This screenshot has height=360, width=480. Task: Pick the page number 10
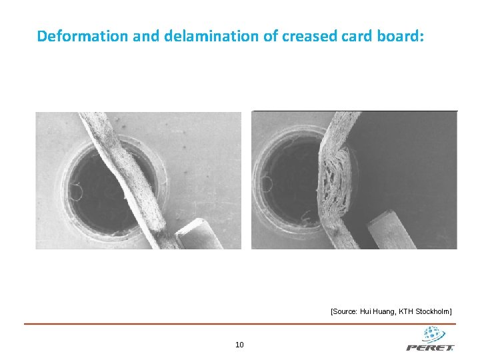click(240, 345)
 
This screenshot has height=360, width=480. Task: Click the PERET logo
click(430, 340)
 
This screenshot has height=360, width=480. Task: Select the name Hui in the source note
click(366, 311)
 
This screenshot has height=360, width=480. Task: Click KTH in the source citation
click(406, 311)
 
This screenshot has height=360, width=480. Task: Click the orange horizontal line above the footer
click(240, 324)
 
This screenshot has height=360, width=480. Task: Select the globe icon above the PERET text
click(433, 333)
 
